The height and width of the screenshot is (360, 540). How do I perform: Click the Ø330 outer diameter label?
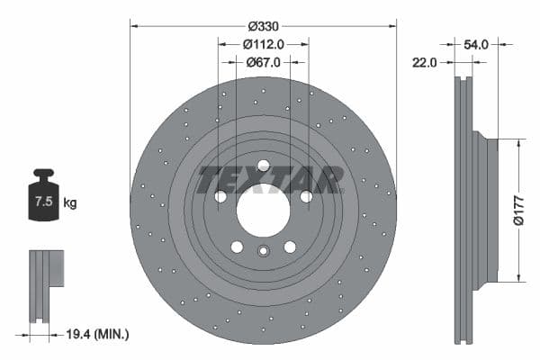[x=263, y=26]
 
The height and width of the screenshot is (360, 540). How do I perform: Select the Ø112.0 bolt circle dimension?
[x=263, y=44]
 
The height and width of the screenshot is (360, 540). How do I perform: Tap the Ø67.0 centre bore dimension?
[x=263, y=62]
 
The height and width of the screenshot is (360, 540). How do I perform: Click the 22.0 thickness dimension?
[x=425, y=62]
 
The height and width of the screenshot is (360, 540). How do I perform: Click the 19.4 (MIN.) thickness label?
[x=99, y=334]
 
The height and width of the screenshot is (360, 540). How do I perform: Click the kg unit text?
[x=70, y=202]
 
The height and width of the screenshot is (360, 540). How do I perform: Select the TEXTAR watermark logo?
[x=270, y=180]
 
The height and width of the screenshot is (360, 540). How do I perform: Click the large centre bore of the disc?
[x=263, y=211]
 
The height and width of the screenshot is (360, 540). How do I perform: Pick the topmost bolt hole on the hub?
[x=263, y=165]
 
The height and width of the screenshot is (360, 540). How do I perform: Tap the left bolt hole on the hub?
[x=220, y=196]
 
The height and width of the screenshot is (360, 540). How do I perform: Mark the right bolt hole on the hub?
[x=306, y=196]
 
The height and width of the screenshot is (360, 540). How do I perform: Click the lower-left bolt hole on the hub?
[x=237, y=247]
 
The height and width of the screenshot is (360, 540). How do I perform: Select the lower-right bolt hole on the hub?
[x=290, y=247]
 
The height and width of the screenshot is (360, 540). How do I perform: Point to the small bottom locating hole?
[x=263, y=251]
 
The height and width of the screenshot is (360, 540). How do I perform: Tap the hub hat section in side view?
[x=486, y=210]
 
